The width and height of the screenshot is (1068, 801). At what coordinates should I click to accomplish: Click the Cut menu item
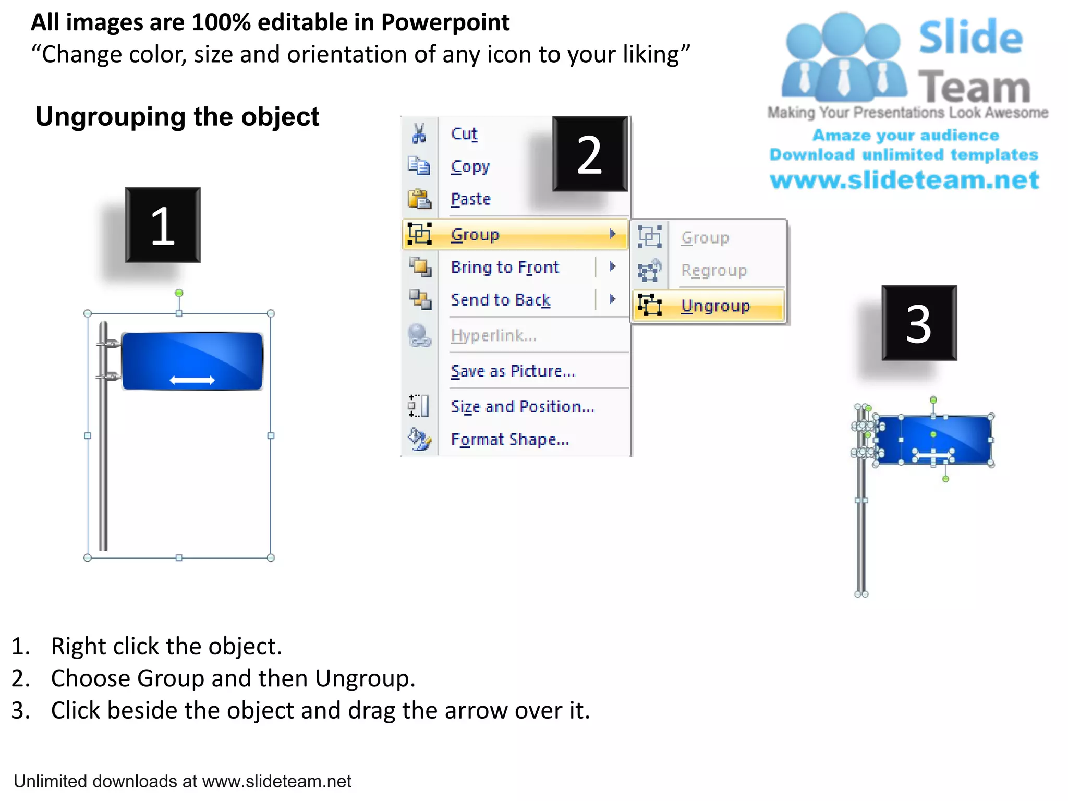click(464, 134)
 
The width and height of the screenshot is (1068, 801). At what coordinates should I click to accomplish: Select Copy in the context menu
click(470, 167)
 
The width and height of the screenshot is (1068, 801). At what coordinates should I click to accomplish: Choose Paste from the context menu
click(470, 199)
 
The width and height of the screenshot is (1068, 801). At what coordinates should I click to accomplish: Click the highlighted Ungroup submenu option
click(715, 306)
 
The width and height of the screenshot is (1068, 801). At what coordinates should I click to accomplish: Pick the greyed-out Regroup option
click(713, 270)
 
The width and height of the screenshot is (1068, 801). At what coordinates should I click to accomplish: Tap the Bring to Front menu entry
click(505, 267)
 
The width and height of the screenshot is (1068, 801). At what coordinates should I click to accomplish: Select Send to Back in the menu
click(501, 300)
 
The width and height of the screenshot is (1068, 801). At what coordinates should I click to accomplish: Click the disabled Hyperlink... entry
click(493, 335)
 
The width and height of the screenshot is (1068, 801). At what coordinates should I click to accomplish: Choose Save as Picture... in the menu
click(513, 371)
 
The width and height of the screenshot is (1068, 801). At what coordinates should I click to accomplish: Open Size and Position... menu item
click(523, 406)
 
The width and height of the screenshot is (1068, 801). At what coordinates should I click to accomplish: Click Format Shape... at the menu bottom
click(509, 439)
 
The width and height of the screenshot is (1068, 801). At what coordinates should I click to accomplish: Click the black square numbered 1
click(163, 225)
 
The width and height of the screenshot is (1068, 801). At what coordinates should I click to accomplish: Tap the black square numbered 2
click(590, 154)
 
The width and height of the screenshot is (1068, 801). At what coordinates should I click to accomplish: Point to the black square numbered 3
click(919, 323)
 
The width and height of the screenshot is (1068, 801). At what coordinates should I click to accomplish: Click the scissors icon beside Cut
click(419, 133)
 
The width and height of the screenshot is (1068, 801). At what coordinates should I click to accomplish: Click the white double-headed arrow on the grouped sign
click(192, 380)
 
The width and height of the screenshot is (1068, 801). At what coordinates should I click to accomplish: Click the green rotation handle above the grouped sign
click(179, 293)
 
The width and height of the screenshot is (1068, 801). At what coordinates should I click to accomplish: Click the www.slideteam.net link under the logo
click(904, 180)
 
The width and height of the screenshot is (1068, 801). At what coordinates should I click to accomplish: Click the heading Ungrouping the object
click(177, 117)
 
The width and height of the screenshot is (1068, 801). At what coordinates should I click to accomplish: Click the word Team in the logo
click(974, 87)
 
